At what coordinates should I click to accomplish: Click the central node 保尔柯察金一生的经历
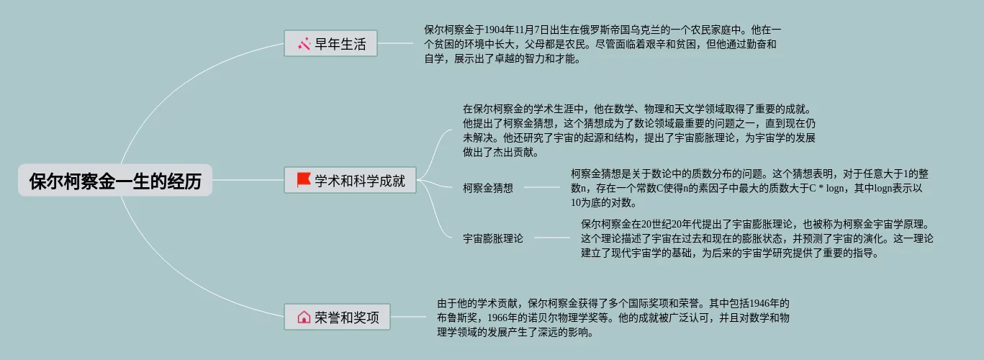115,181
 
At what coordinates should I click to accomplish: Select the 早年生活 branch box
330,44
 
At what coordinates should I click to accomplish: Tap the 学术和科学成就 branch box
351,180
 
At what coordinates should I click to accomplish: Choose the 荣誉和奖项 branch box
337,317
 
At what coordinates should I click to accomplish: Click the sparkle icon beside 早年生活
304,45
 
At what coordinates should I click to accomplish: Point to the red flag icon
304,180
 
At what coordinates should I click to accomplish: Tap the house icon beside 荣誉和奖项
304,317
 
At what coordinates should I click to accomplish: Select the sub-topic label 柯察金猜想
488,188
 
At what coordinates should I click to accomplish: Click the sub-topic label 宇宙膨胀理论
493,238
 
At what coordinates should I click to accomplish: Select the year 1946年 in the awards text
769,303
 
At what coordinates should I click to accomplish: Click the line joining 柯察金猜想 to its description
541,187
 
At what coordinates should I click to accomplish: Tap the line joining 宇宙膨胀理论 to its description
551,237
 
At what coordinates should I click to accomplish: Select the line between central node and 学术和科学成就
248,180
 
